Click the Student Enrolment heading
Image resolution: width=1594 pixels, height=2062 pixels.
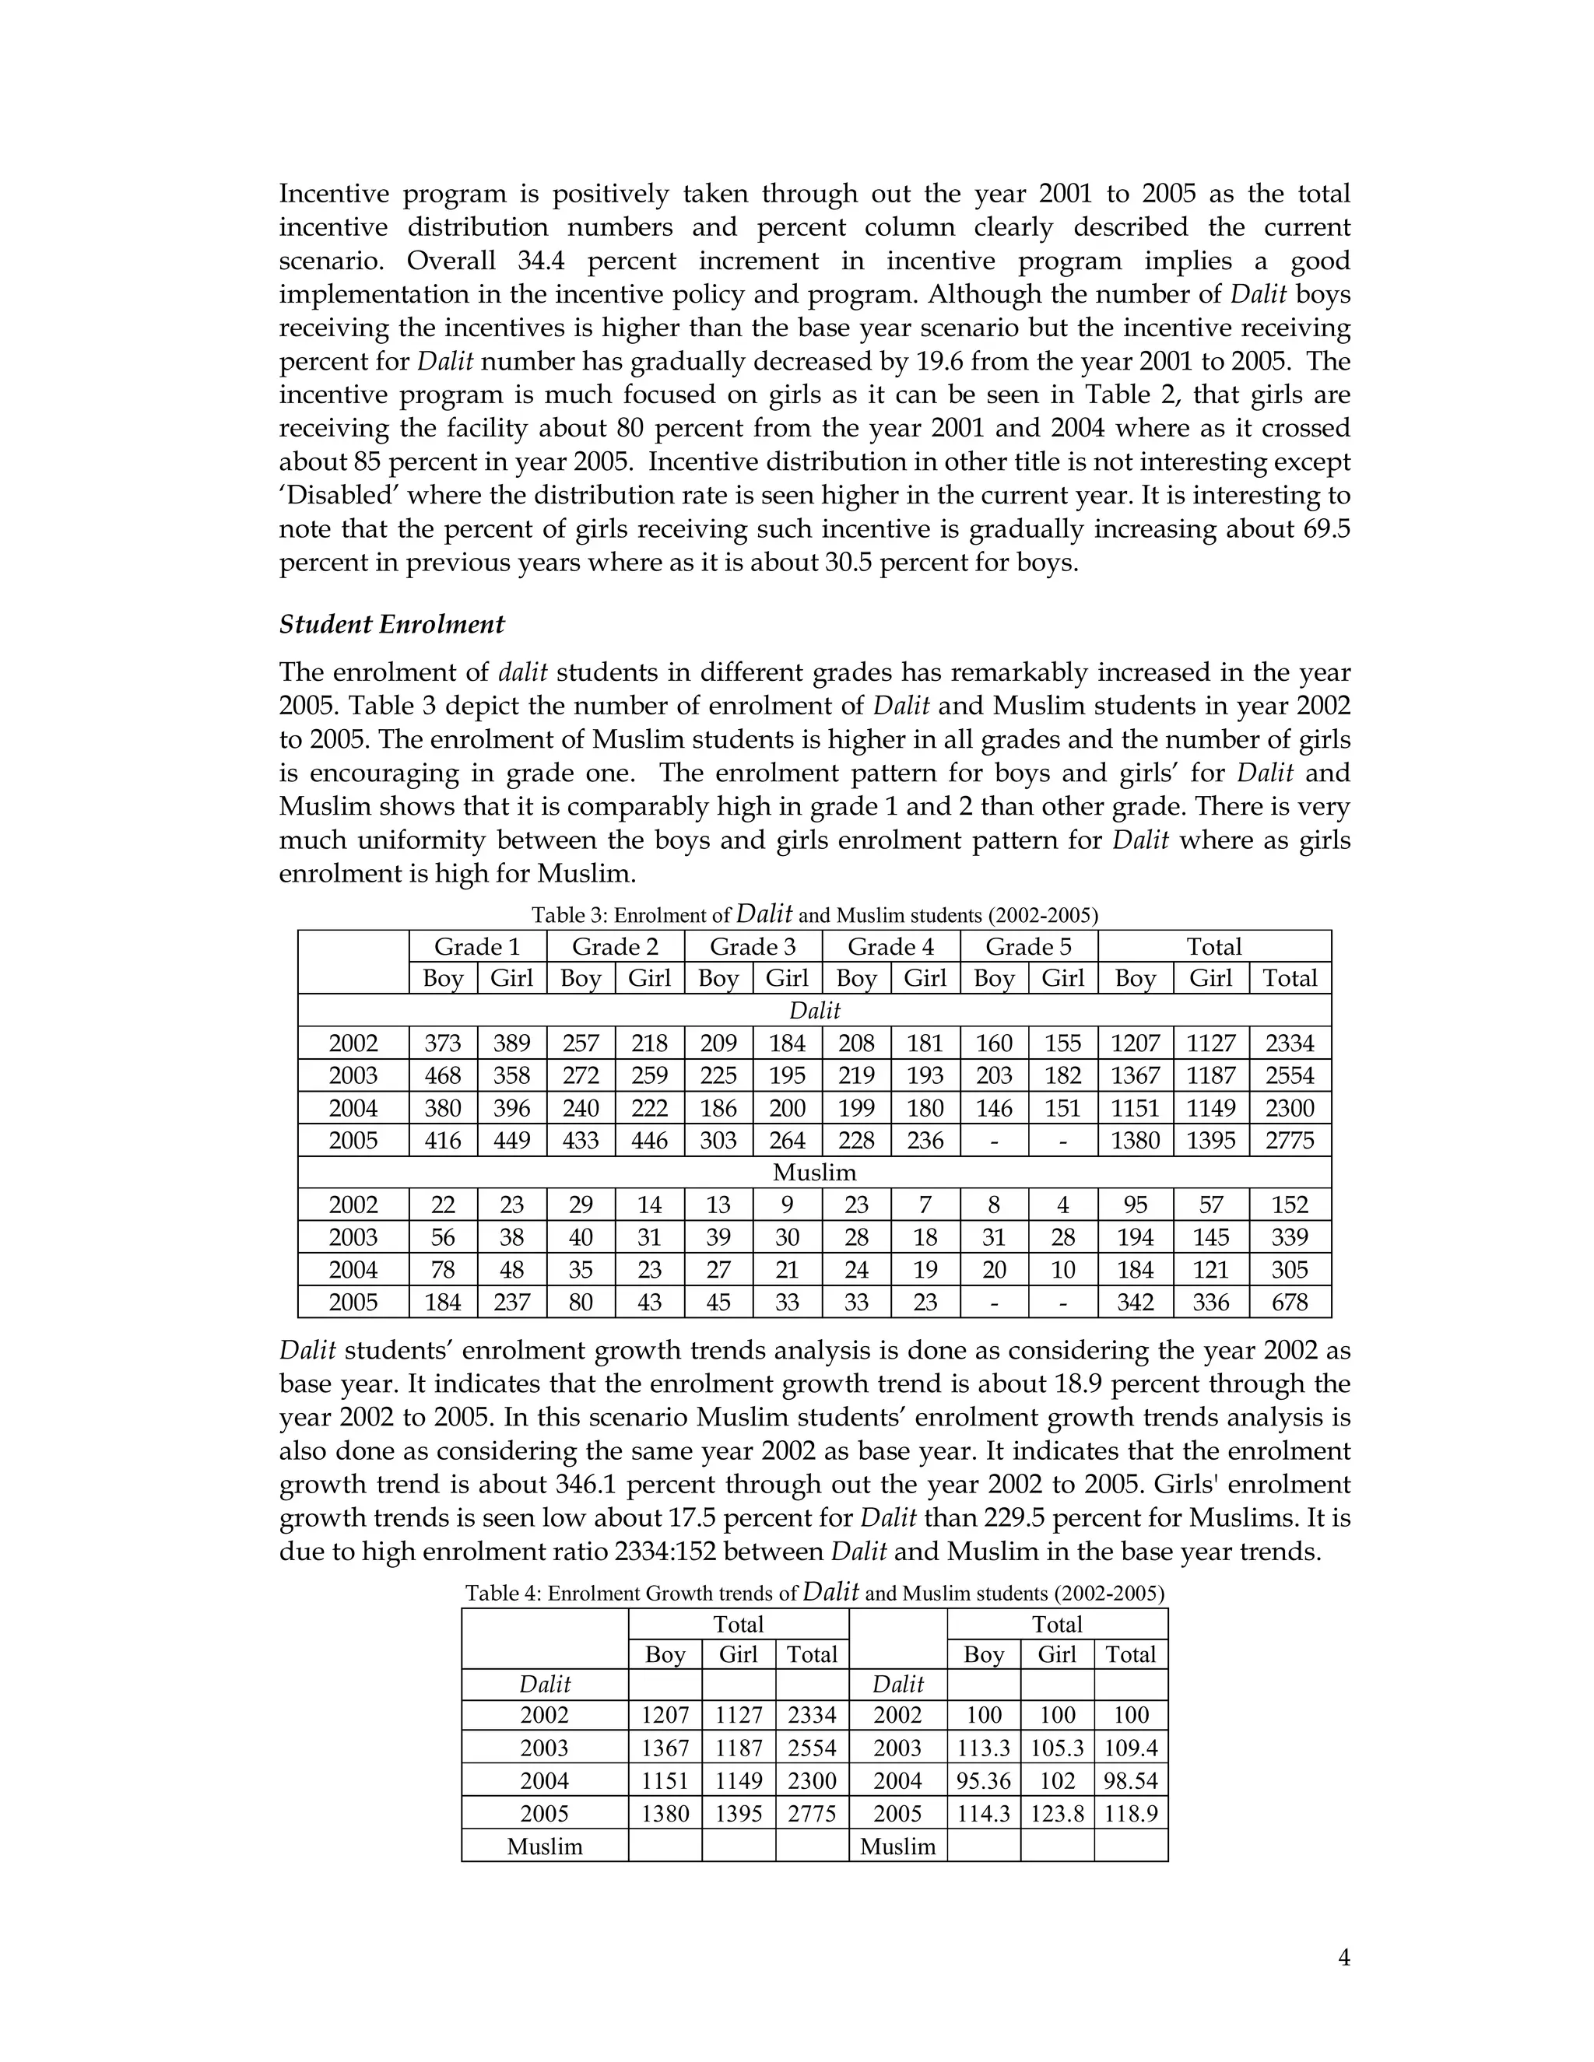[x=392, y=624]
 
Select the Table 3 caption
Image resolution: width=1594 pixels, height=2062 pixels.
[x=814, y=914]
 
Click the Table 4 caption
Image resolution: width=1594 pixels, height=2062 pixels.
[x=814, y=1593]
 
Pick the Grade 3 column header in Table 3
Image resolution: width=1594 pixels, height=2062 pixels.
[x=753, y=946]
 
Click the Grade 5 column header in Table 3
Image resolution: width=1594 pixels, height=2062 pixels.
[x=1028, y=946]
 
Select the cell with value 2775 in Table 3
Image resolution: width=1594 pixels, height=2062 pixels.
[x=1289, y=1141]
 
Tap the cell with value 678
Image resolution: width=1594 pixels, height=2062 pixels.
[x=1289, y=1303]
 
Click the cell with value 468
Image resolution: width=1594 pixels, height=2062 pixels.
[x=443, y=1075]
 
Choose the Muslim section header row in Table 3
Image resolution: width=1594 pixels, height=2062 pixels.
[x=814, y=1173]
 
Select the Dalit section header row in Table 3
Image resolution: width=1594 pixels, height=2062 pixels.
[x=814, y=1010]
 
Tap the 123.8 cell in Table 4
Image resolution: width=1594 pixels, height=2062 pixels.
[x=1057, y=1814]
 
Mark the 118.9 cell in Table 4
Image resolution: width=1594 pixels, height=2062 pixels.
[x=1130, y=1814]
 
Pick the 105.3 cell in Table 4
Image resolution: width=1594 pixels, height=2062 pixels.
[x=1057, y=1748]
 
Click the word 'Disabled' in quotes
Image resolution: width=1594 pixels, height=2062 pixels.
[x=342, y=496]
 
